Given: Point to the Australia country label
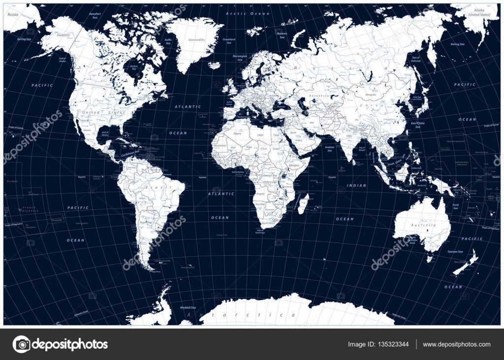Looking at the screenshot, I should (422, 225).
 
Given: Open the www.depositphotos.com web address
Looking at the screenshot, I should (456, 344).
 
